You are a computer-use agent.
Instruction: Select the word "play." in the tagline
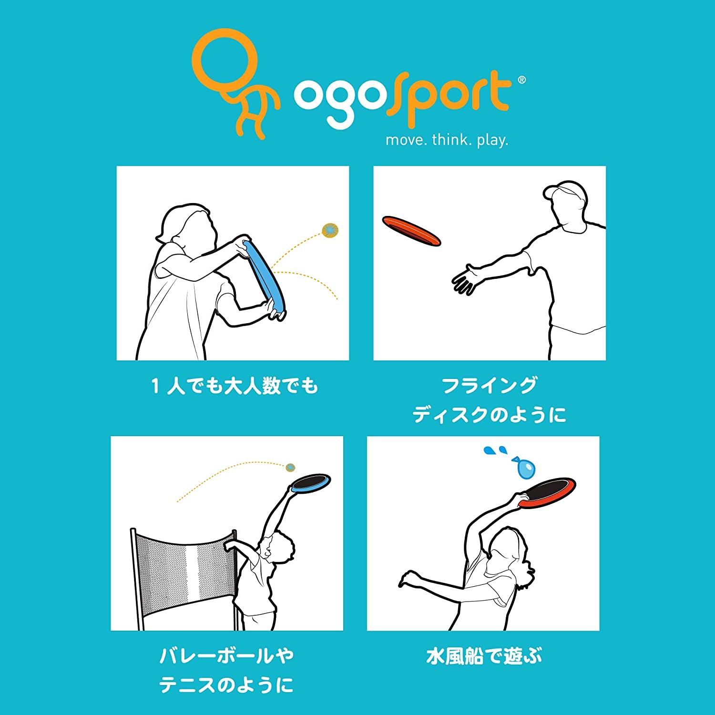click(x=492, y=141)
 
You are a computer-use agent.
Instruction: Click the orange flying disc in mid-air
click(x=411, y=231)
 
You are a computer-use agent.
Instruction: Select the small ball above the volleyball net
click(x=290, y=467)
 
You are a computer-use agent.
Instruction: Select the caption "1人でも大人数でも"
click(x=235, y=386)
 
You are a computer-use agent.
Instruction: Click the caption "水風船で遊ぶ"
click(x=484, y=657)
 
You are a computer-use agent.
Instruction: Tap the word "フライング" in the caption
click(x=490, y=386)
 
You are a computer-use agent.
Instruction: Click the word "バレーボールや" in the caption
click(x=226, y=656)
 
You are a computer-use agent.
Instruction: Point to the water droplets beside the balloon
click(x=495, y=451)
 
